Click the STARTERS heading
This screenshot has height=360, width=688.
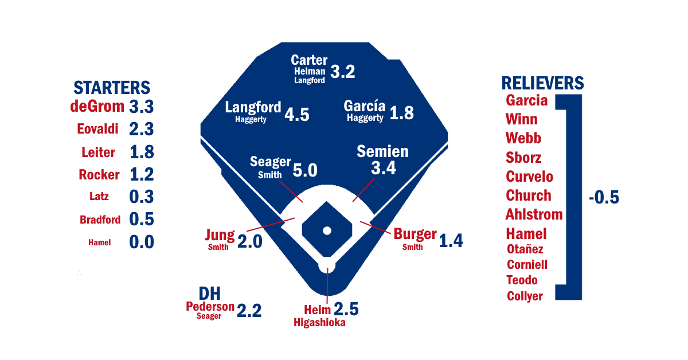coord(112,88)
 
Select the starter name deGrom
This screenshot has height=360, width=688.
coord(97,107)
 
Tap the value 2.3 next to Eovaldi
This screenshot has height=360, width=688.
coord(142,130)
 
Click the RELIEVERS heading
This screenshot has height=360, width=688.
coord(543,83)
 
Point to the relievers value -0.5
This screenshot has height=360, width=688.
coord(604,198)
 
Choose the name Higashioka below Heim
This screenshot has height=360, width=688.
coord(320,323)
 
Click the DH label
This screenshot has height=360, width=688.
coord(209,294)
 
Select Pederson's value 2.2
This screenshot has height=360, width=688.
coord(249,311)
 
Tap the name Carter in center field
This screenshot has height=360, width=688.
coord(309,60)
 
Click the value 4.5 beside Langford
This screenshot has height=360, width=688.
coord(297,115)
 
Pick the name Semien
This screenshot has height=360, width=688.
coord(382,152)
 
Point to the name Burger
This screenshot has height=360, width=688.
coord(415,235)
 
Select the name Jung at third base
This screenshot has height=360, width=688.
coord(220,236)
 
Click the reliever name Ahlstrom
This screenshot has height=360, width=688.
coord(534,214)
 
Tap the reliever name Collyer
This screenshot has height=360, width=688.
coord(525,296)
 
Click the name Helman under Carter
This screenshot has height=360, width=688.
coord(310,72)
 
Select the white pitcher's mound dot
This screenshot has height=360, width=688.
coord(327,230)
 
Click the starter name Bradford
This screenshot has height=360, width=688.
coord(100,220)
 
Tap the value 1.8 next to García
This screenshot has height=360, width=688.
coord(401,113)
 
